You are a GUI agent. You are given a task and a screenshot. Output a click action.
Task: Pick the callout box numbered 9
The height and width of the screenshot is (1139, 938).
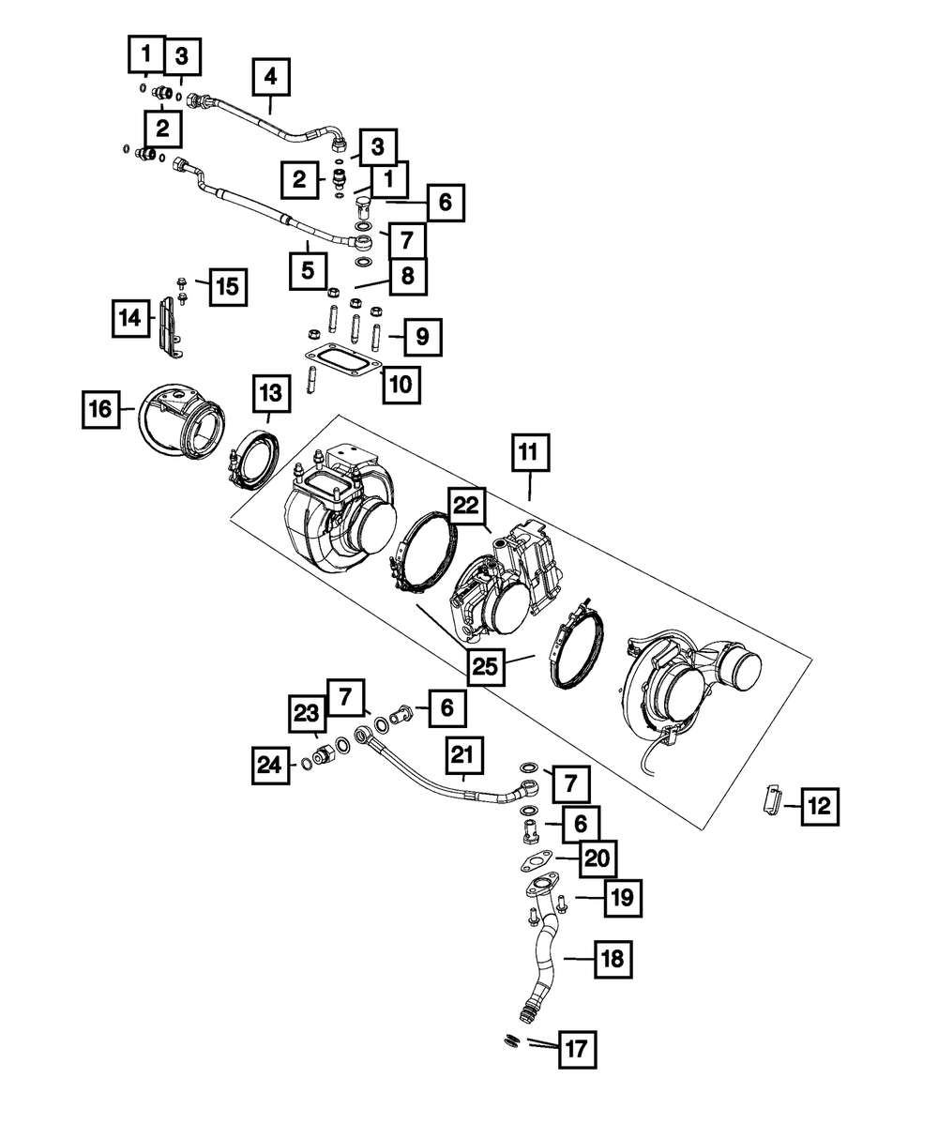click(x=422, y=336)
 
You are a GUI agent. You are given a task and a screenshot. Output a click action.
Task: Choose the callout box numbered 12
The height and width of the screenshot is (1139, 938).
click(x=819, y=805)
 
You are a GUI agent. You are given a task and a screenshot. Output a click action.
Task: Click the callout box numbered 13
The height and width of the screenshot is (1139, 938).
click(x=270, y=389)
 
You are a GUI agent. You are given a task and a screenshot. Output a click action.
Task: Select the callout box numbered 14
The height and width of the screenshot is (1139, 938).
click(x=132, y=319)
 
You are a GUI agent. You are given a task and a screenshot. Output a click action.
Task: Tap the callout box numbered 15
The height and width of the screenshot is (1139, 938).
click(x=227, y=286)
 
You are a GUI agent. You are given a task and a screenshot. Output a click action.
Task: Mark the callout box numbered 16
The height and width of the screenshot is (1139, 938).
click(x=100, y=409)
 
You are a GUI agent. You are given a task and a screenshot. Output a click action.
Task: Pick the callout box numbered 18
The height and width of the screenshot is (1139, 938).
click(x=611, y=959)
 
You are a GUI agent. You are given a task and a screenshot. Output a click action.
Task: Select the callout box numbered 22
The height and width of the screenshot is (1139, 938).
click(x=468, y=508)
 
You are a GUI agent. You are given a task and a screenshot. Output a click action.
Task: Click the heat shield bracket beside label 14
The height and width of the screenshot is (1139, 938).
click(x=169, y=327)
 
